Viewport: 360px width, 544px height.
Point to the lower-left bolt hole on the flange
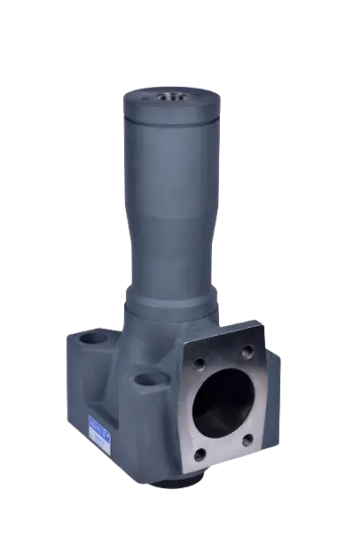click(x=200, y=455)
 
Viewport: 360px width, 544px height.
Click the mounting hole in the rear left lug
click(x=89, y=341)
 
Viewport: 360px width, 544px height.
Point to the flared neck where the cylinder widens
click(x=171, y=257)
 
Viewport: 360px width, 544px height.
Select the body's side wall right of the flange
click(x=274, y=390)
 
